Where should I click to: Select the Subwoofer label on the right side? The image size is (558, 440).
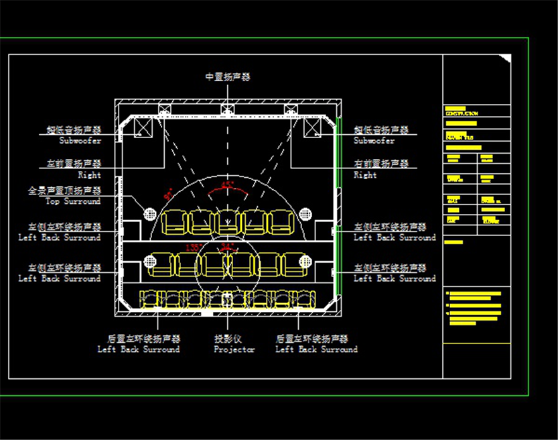[x=374, y=141]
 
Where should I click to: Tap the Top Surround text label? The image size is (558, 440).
[x=73, y=201]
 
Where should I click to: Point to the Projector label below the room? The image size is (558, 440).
[x=234, y=349]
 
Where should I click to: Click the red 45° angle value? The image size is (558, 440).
[x=228, y=184]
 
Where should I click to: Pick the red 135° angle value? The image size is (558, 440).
[x=194, y=248]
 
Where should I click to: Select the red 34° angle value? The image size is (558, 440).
[x=228, y=248]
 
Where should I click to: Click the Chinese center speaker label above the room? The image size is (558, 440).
[x=228, y=77]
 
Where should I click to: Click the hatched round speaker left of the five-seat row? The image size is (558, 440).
[x=150, y=215]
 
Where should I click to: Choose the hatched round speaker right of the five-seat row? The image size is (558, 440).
[x=305, y=215]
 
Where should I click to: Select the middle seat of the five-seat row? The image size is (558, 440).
[x=228, y=221]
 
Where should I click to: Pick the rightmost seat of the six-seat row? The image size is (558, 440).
[x=293, y=264]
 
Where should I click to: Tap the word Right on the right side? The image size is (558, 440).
[x=365, y=175]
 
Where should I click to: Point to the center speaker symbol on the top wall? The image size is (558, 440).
[x=228, y=109]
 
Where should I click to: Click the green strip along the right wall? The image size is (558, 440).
[x=340, y=208]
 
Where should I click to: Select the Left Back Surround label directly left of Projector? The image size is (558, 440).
[x=139, y=349]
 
